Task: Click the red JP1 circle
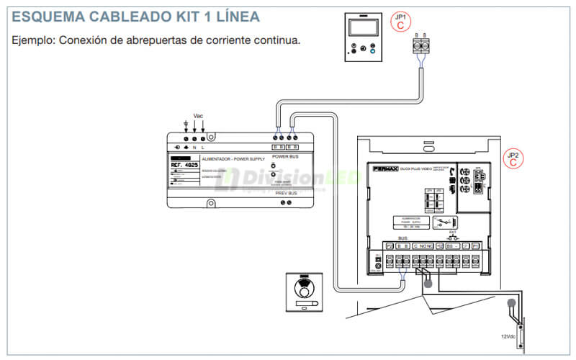pos(401,21)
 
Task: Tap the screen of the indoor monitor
pos(359,29)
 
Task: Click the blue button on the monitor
pos(372,51)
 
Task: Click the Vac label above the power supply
pos(198,116)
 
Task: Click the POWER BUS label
pos(284,156)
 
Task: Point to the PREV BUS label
pos(285,193)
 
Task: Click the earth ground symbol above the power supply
pos(186,124)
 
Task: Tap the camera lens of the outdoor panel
pos(305,292)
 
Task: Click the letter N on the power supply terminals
pos(194,147)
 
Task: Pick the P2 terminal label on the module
pos(390,246)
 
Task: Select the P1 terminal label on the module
pos(475,246)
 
